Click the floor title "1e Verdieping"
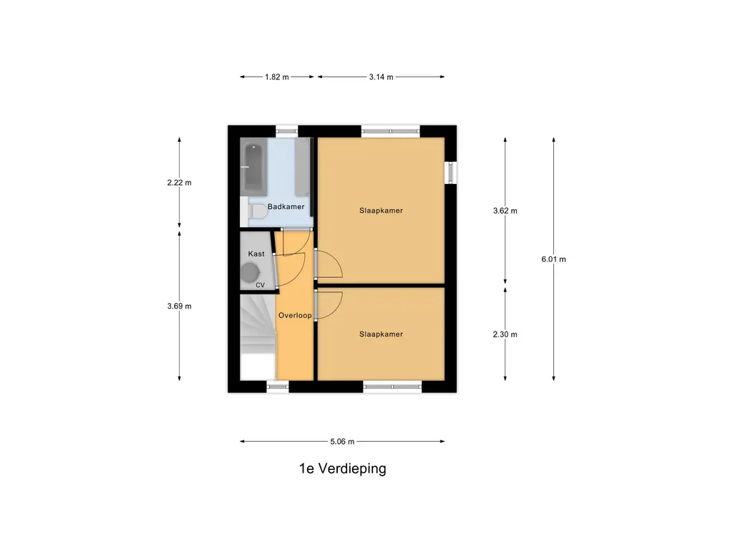coord(342,469)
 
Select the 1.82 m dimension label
coord(276,77)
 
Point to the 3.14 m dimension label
coord(381,77)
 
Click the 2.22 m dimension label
coord(179,183)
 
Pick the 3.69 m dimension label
coord(179,306)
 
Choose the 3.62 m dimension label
coord(505,211)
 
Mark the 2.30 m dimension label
coord(505,334)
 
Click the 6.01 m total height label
coord(553,259)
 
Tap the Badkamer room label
coord(286,207)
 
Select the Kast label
coord(256,254)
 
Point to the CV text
coord(260,285)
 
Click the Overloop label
coord(294,314)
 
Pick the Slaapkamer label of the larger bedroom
coord(381,211)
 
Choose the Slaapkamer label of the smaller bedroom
coord(381,334)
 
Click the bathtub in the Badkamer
coord(253,169)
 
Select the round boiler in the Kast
coord(251,272)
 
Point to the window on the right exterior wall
coord(451,173)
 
